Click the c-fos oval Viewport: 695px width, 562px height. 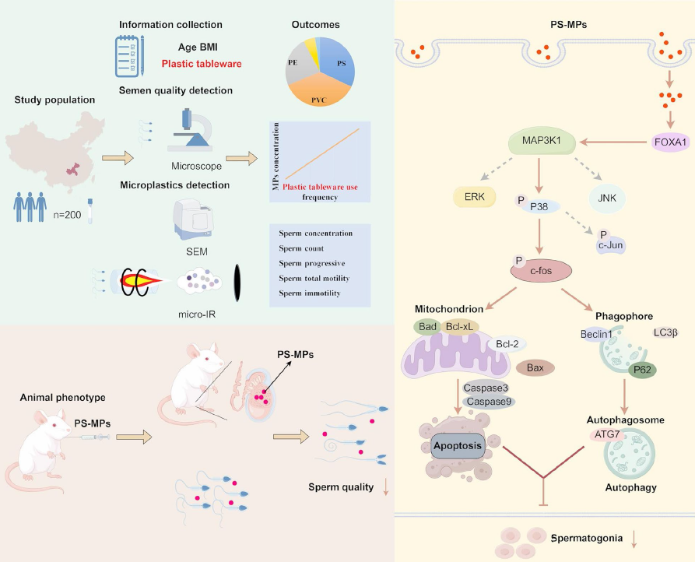pyautogui.click(x=540, y=269)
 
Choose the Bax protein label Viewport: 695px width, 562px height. pyautogui.click(x=535, y=367)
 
